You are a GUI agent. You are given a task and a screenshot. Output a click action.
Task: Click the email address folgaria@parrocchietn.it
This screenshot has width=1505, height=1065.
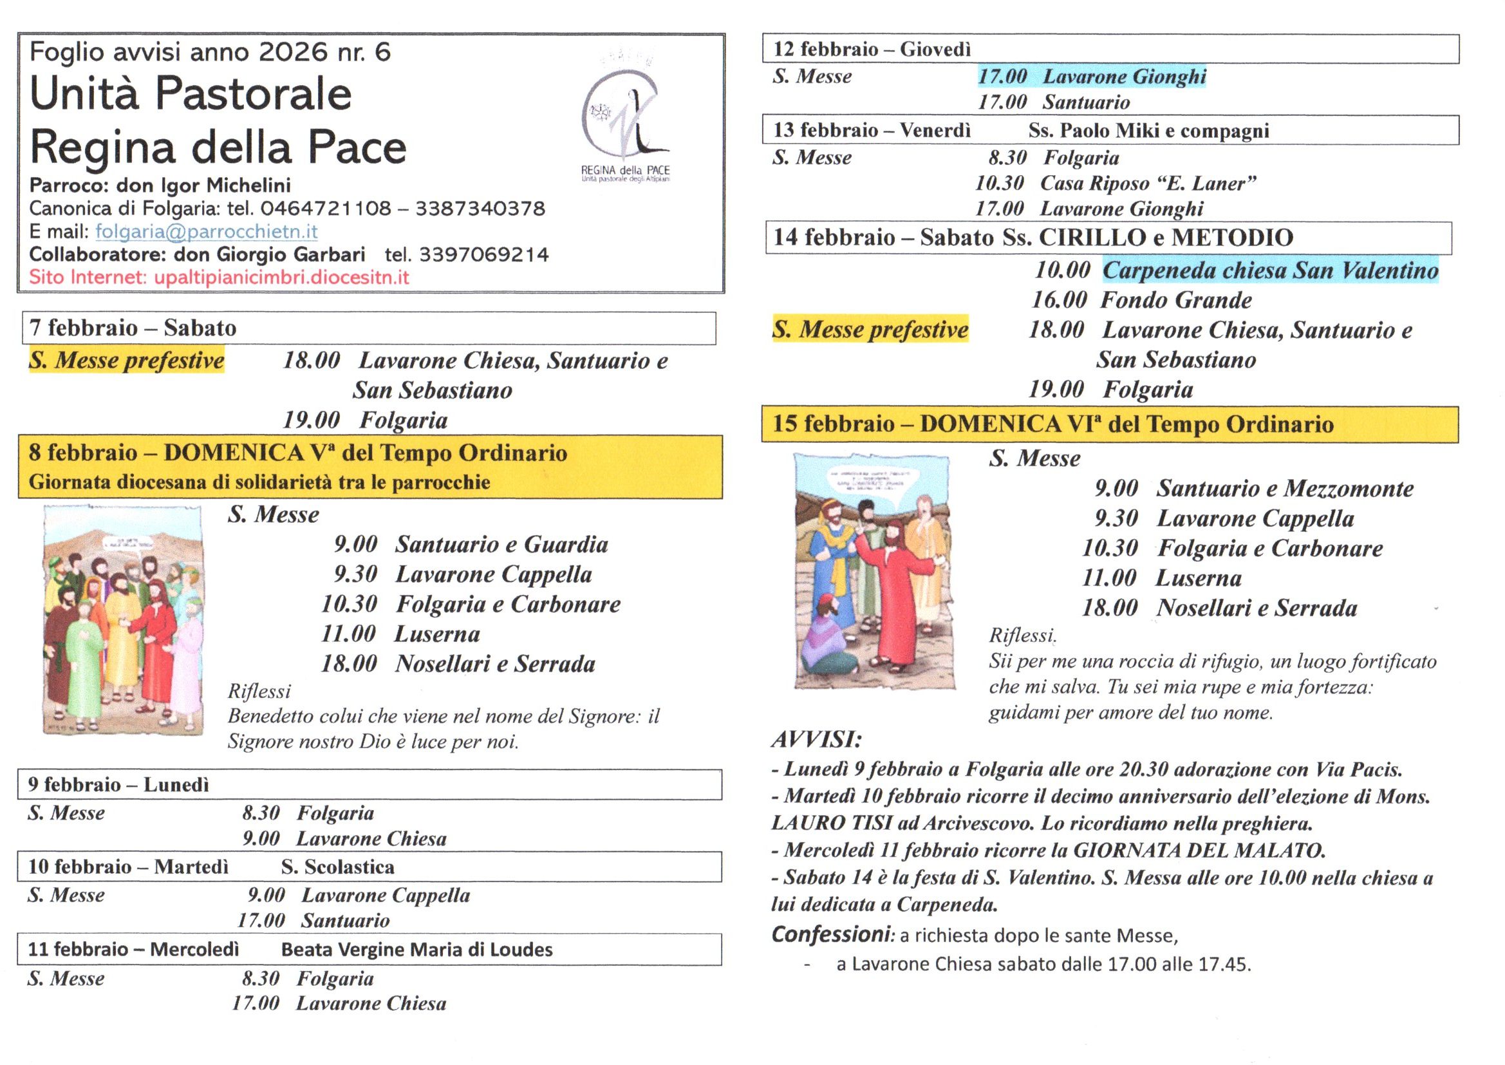click(207, 232)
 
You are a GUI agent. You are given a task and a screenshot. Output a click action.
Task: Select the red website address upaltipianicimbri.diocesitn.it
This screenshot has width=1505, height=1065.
click(281, 277)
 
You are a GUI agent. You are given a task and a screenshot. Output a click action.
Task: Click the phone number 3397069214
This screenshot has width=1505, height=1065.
click(484, 254)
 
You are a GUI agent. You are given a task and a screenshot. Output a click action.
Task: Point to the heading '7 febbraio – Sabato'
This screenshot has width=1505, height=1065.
click(133, 327)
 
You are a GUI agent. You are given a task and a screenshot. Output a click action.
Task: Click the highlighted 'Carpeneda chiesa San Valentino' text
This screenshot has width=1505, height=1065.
click(1270, 270)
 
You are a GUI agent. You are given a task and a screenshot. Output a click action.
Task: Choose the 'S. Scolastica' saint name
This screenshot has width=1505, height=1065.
click(337, 867)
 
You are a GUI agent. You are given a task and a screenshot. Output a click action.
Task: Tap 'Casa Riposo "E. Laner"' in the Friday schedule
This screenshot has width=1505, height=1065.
click(1148, 184)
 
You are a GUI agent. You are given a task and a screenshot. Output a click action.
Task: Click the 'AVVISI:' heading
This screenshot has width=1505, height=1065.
click(816, 740)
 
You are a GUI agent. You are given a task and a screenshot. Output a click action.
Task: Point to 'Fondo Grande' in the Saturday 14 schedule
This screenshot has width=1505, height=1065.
click(1176, 300)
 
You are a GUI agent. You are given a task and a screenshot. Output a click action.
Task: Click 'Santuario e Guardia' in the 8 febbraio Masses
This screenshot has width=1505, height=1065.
click(501, 544)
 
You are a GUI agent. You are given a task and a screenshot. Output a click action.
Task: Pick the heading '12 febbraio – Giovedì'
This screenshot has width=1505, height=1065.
click(872, 49)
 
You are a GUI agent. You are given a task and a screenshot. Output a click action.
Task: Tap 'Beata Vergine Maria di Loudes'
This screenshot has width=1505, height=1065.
click(417, 950)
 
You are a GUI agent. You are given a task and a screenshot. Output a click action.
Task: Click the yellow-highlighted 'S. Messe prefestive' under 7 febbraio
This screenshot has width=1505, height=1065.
click(127, 361)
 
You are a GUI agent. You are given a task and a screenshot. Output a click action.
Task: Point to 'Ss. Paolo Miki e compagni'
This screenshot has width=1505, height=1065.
click(1148, 131)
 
